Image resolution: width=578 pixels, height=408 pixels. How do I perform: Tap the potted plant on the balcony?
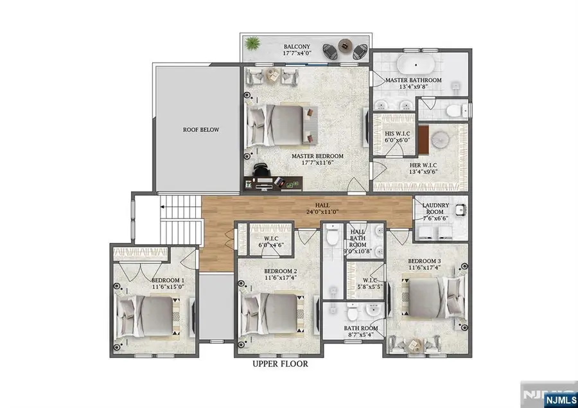pos(252,44)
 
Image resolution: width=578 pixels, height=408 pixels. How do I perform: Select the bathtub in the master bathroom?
pos(413,65)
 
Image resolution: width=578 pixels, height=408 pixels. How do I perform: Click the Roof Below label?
pos(200,130)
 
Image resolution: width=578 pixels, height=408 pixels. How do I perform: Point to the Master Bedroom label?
pos(317,156)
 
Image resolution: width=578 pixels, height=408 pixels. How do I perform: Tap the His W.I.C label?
pos(394,134)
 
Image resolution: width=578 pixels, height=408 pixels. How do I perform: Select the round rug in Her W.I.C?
pos(441,140)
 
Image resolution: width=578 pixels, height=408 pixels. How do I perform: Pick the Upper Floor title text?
pos(279,364)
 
